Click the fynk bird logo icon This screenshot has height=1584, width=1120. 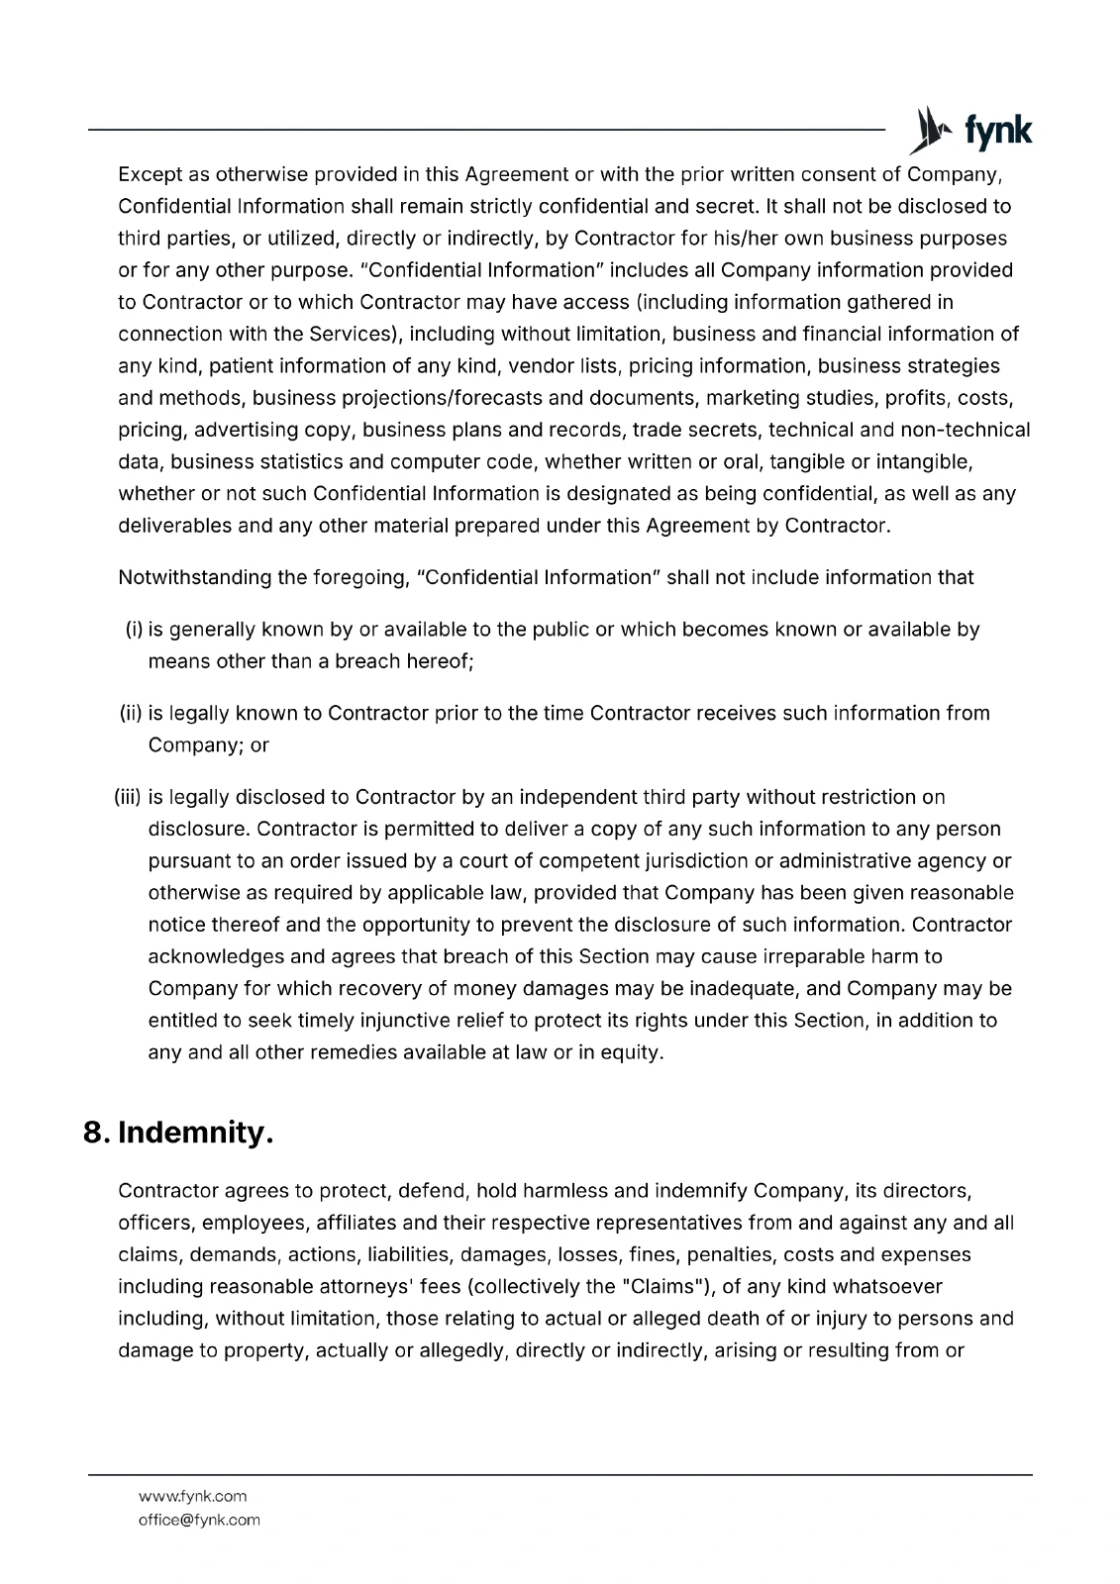(926, 131)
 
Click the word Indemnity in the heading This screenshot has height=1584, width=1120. (195, 1133)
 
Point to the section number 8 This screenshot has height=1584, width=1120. (96, 1133)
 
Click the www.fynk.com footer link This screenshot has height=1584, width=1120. (192, 1496)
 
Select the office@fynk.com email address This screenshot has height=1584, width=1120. (199, 1520)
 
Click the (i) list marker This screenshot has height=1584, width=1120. (134, 630)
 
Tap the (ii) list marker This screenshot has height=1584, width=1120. (132, 713)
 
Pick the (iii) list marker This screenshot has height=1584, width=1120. (129, 797)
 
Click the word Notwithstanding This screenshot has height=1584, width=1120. (194, 577)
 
